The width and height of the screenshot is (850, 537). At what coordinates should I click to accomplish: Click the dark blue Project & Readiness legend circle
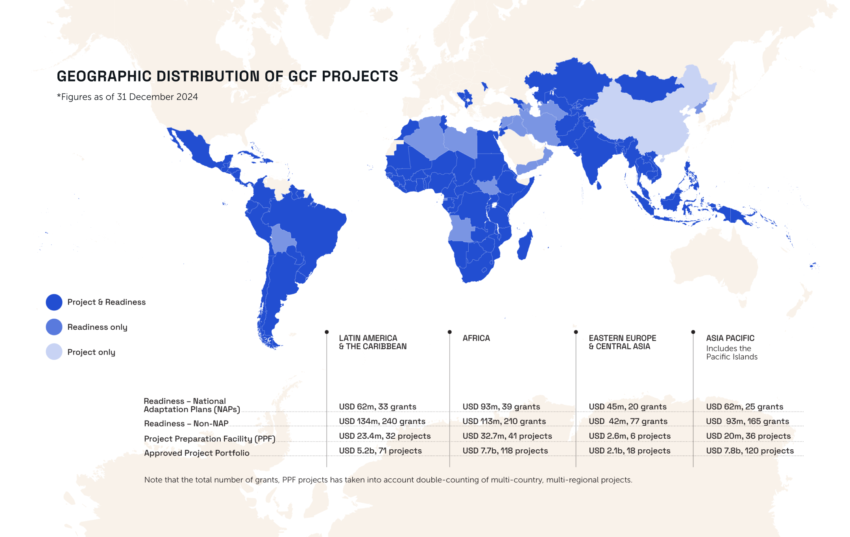tap(54, 302)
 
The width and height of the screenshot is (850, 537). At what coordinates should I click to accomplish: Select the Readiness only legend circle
tap(54, 327)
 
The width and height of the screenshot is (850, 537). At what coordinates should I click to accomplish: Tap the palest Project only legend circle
tap(54, 352)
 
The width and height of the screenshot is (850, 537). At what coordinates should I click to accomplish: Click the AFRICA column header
tap(476, 338)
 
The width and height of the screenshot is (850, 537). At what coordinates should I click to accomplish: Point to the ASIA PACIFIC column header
tap(730, 338)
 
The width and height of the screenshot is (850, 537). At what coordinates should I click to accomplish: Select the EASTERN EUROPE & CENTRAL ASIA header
tap(622, 342)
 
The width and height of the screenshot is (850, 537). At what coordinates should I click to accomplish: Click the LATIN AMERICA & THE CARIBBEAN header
tap(372, 342)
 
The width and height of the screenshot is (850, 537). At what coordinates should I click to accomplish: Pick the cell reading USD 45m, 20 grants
tap(628, 407)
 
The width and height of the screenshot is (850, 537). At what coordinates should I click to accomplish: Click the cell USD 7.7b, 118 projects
tap(505, 451)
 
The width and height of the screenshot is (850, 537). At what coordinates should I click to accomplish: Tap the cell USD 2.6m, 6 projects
tap(630, 436)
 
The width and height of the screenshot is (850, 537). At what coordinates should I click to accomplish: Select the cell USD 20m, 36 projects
tap(748, 436)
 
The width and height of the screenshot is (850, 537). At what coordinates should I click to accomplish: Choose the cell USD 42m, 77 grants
tap(628, 421)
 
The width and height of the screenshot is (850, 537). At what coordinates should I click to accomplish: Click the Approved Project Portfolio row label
tap(197, 453)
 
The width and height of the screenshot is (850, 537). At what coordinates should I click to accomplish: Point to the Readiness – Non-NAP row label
tap(186, 424)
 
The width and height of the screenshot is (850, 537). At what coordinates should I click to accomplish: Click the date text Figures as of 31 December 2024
tap(128, 97)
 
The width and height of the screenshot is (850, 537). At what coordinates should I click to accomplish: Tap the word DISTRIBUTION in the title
tap(208, 76)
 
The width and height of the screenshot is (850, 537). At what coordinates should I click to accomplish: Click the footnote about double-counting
tap(388, 480)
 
